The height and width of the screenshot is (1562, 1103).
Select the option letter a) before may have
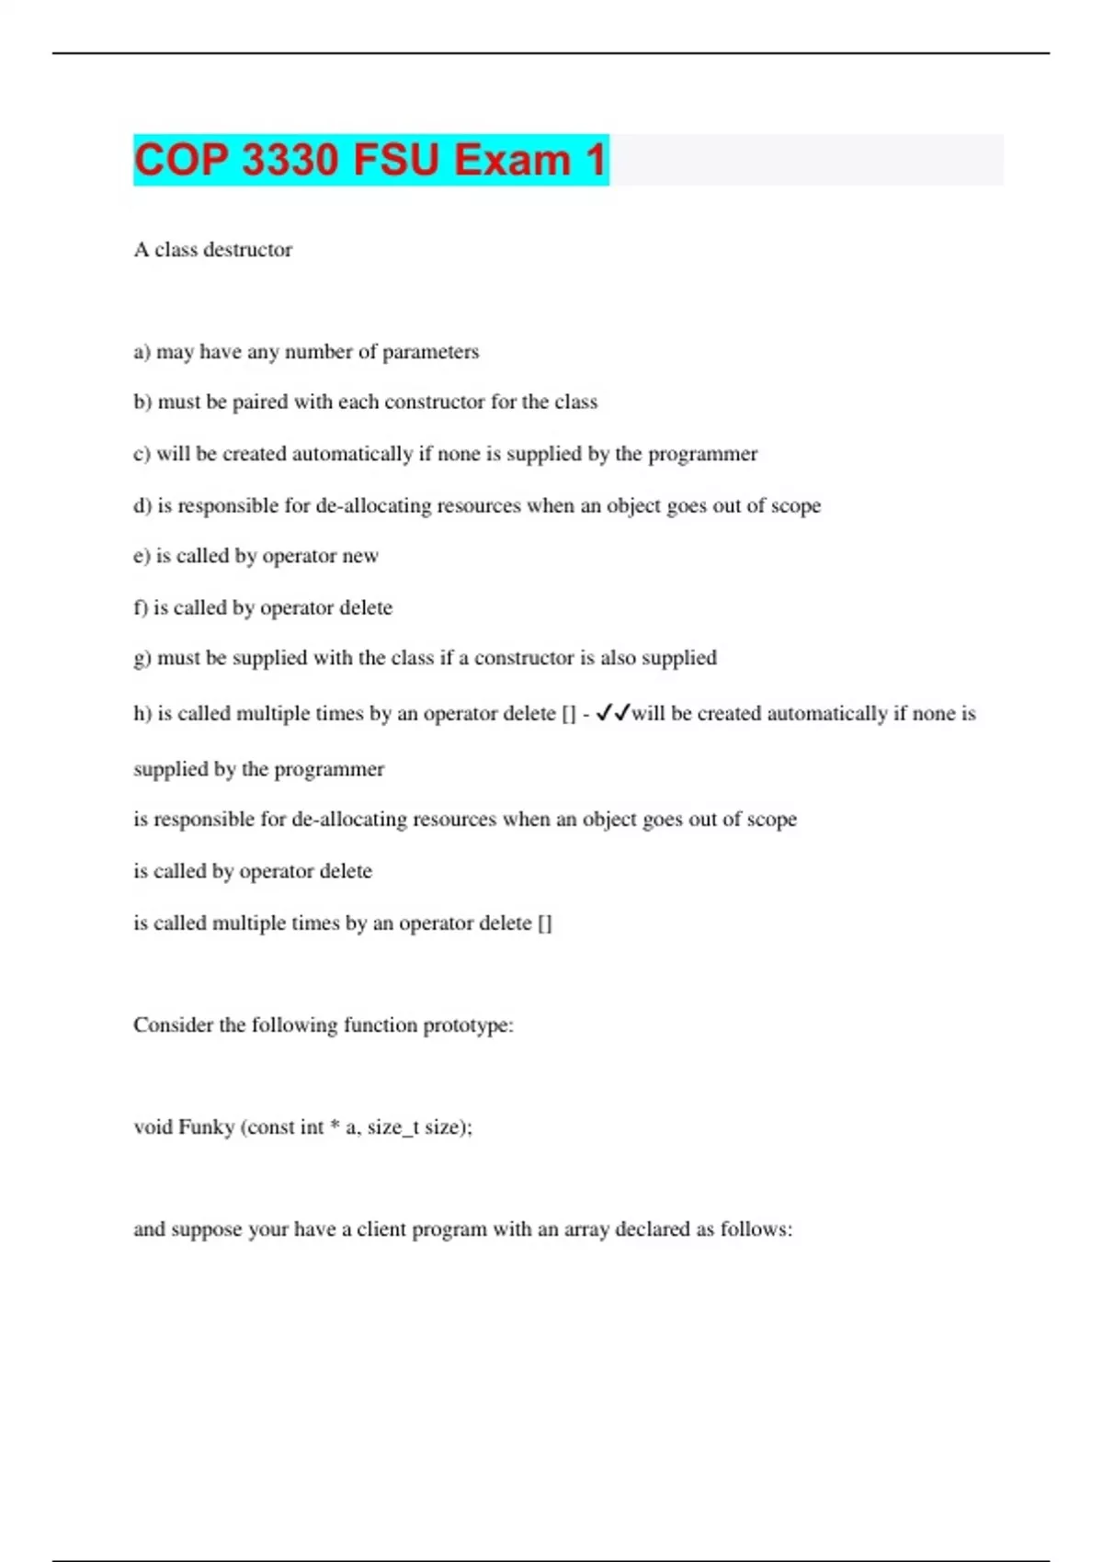(x=142, y=352)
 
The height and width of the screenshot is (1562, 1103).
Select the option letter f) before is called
(x=141, y=607)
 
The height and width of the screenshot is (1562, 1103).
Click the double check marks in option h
(x=612, y=713)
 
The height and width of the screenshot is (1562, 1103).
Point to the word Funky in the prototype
(x=207, y=1127)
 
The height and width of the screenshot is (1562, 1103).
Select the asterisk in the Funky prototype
(x=335, y=1126)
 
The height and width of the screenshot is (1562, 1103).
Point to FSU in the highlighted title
(x=396, y=160)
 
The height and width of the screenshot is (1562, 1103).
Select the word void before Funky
(x=153, y=1127)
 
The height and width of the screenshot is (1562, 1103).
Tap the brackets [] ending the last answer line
(x=544, y=923)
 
